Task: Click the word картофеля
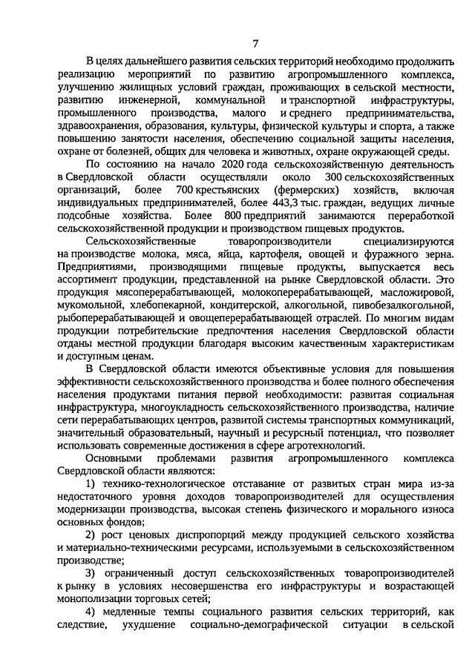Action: pyautogui.click(x=255, y=254)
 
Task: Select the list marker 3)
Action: pyautogui.click(x=92, y=574)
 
